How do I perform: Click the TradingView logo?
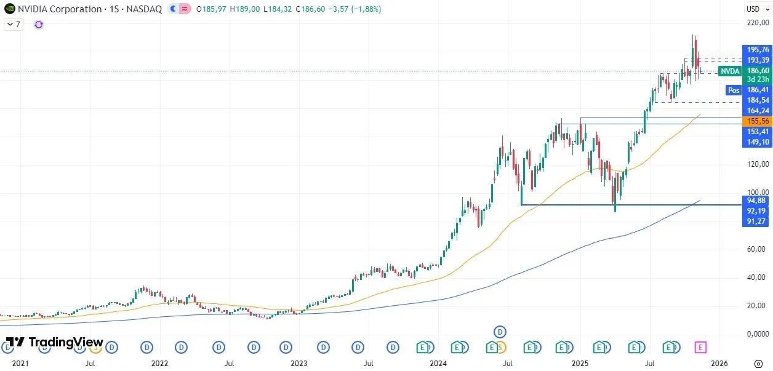click(54, 342)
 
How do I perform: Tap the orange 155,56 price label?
click(758, 122)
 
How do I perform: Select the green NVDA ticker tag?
click(730, 71)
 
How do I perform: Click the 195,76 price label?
click(758, 50)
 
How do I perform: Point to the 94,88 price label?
click(758, 201)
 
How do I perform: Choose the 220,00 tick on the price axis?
click(758, 23)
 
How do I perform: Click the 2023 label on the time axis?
click(298, 364)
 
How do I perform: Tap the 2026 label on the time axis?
click(719, 364)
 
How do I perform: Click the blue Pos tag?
click(733, 90)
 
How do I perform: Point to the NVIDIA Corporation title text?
click(59, 9)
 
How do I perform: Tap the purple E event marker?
click(700, 348)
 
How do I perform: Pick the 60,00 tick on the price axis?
click(758, 249)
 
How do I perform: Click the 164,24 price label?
click(758, 111)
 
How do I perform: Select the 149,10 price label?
click(758, 142)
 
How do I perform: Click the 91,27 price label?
click(758, 221)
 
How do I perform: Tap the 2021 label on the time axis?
click(20, 364)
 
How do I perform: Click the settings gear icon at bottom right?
click(759, 363)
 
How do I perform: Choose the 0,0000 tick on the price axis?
click(758, 334)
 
